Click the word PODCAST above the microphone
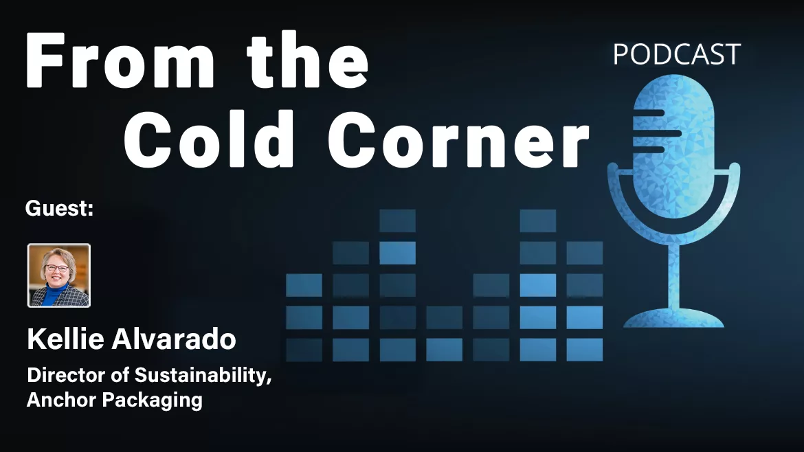676,55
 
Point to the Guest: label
59,209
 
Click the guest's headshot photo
59,275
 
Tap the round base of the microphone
673,318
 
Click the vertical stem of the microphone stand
673,268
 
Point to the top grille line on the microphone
649,112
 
